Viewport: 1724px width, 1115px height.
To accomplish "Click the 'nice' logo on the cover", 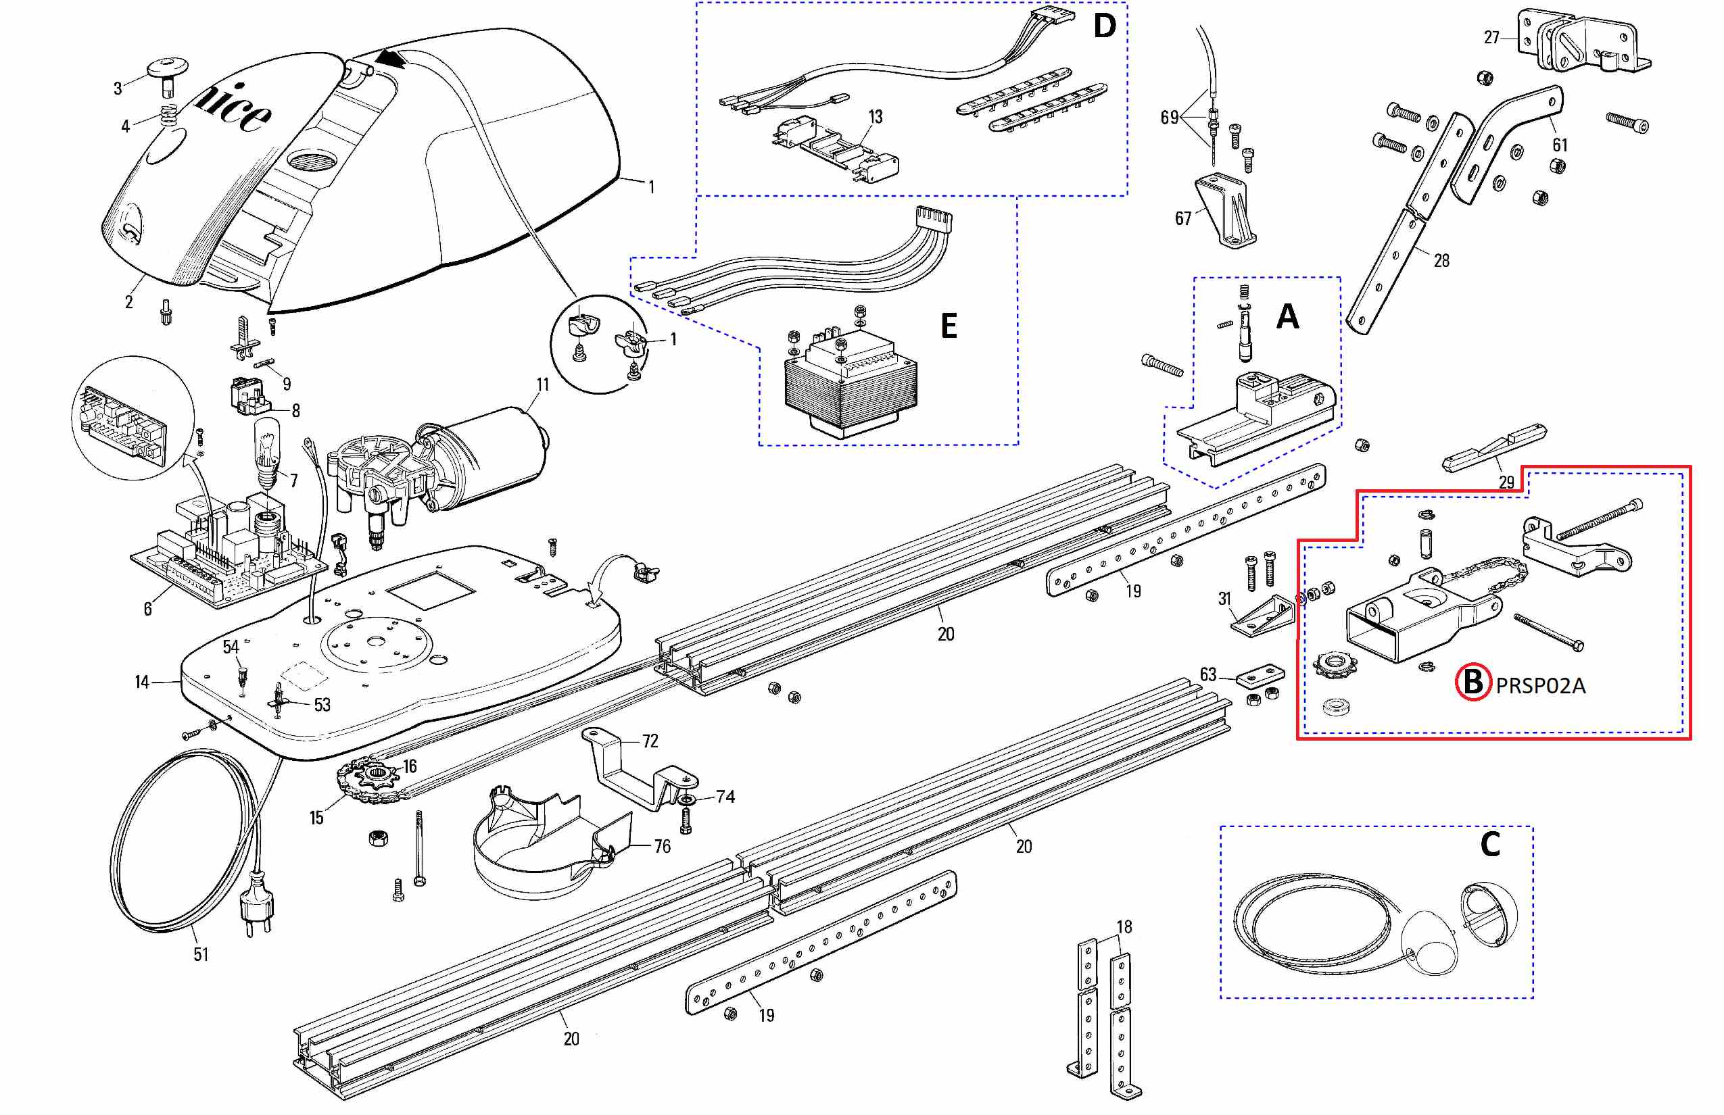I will pyautogui.click(x=233, y=109).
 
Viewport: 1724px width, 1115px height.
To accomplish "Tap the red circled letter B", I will pyautogui.click(x=1472, y=682).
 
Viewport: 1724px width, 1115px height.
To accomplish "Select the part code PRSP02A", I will pyautogui.click(x=1541, y=686).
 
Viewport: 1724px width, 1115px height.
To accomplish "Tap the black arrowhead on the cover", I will pyautogui.click(x=392, y=59).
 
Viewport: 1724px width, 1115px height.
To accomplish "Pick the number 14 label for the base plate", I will pyautogui.click(x=142, y=682).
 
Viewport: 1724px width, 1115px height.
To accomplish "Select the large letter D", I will pyautogui.click(x=1104, y=27).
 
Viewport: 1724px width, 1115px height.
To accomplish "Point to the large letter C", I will pyautogui.click(x=1489, y=844).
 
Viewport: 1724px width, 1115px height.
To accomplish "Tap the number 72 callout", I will pyautogui.click(x=650, y=741).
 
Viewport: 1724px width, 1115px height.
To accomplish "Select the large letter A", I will pyautogui.click(x=1287, y=316).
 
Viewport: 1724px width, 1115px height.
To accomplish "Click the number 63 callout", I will pyautogui.click(x=1207, y=675).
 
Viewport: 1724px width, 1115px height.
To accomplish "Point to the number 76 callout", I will pyautogui.click(x=662, y=846).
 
